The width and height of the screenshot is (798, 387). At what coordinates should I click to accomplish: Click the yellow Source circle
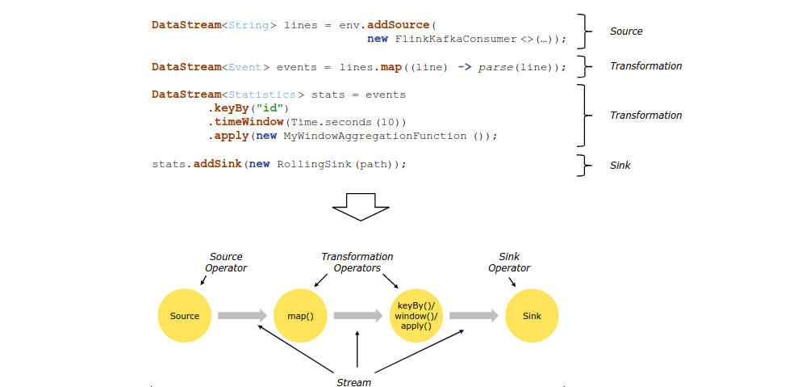[184, 316]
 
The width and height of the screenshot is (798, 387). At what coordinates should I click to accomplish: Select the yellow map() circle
[300, 316]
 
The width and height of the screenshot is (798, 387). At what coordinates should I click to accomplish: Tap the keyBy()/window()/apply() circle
[416, 316]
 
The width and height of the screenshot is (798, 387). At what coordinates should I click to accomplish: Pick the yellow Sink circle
[532, 316]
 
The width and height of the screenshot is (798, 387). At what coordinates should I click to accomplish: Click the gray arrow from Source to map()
[241, 316]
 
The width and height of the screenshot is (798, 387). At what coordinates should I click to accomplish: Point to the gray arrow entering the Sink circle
[474, 316]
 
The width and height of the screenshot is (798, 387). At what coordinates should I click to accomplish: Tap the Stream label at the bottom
[353, 381]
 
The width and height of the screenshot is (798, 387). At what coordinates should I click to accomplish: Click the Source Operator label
[226, 262]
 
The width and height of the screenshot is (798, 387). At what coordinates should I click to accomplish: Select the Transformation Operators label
[357, 262]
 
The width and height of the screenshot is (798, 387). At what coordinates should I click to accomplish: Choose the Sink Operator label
[509, 262]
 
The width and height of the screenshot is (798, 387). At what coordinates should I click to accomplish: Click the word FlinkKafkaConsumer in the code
[456, 39]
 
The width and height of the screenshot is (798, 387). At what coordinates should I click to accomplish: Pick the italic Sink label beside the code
[620, 165]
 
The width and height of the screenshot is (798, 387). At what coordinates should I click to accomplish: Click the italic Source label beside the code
[626, 32]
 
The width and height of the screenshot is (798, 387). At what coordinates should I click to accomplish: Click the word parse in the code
[496, 67]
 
